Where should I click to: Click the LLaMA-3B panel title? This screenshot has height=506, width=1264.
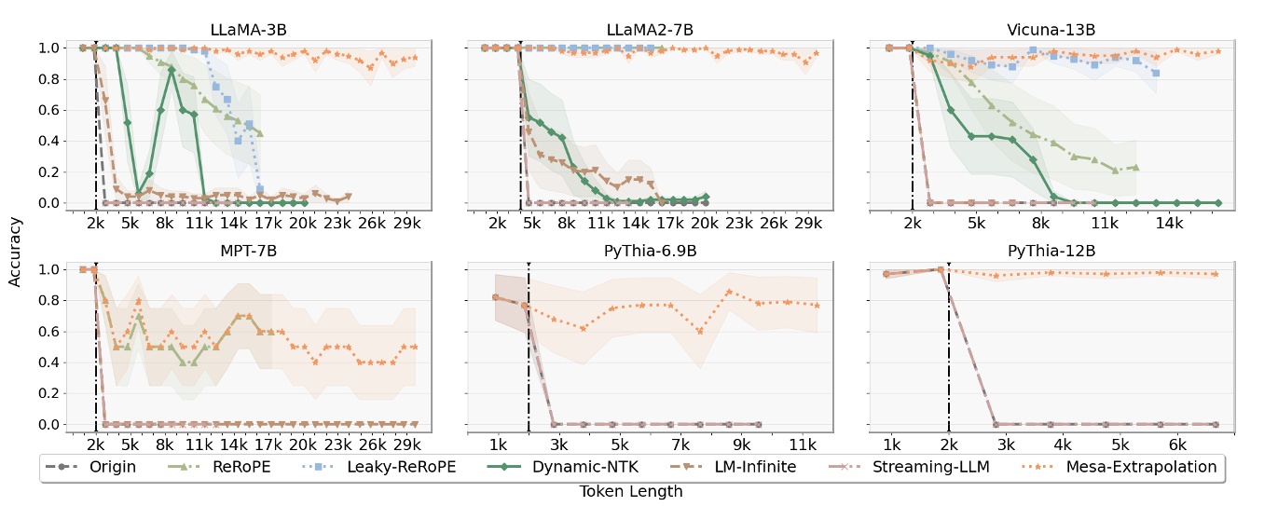(249, 30)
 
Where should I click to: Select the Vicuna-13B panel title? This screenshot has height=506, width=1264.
(1051, 30)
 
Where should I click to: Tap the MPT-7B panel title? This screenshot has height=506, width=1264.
(249, 252)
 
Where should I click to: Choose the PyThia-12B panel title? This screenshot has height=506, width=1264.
(1051, 252)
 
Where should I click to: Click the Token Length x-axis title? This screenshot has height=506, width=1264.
(631, 492)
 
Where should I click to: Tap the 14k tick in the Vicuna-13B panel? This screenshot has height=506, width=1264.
(1170, 225)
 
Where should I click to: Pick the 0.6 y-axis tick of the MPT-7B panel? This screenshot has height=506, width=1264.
(51, 332)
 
